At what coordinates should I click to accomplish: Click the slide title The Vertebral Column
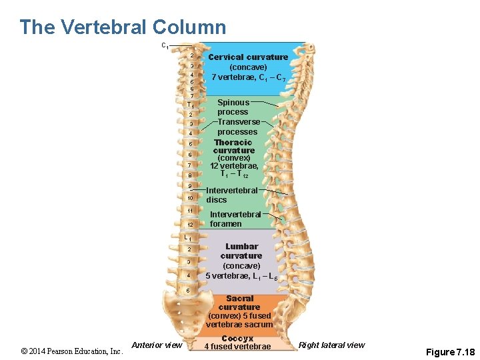pos(123,27)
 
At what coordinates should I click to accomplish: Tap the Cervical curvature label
pos(248,57)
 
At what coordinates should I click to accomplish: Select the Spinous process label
pos(233,107)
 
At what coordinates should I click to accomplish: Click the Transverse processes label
pos(238,127)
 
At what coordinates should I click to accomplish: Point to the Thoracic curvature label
pos(233,147)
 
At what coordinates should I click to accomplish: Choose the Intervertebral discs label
pos(231,195)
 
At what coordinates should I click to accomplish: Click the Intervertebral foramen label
pos(235,219)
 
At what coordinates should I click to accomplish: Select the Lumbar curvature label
pos(241,251)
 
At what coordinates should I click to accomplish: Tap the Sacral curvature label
pos(239,303)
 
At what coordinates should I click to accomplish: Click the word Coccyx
pos(237,339)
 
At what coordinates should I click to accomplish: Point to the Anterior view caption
pos(157,345)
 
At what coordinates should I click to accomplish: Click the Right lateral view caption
pos(331,345)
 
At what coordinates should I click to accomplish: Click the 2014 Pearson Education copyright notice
pos(72,351)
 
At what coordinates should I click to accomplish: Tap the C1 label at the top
pos(165,45)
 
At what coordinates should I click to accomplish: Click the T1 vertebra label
pos(190,105)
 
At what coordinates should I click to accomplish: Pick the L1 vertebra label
pos(189,237)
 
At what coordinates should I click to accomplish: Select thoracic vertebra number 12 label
pos(190,225)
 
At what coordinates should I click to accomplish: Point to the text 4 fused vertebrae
pos(237,347)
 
